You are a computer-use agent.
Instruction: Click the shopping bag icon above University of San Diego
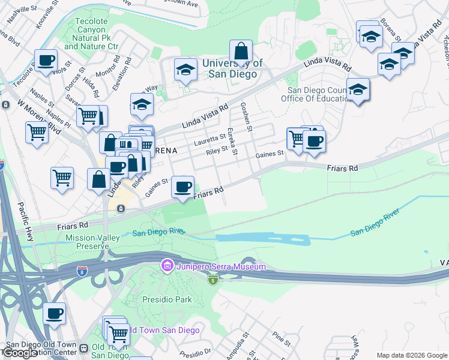click(241, 52)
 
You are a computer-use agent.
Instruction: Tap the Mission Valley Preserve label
click(93, 242)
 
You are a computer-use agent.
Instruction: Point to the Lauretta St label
click(209, 140)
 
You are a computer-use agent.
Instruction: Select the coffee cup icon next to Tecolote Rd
click(46, 61)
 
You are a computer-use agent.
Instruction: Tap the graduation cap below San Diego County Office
click(358, 91)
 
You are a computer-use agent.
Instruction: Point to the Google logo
click(19, 353)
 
